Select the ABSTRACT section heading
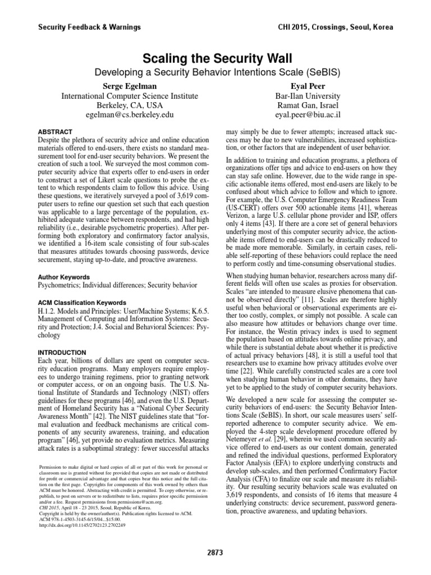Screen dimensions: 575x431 coord(55,129)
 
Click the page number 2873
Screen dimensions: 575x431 coord(215,553)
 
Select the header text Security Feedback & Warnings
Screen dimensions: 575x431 coord(89,27)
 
